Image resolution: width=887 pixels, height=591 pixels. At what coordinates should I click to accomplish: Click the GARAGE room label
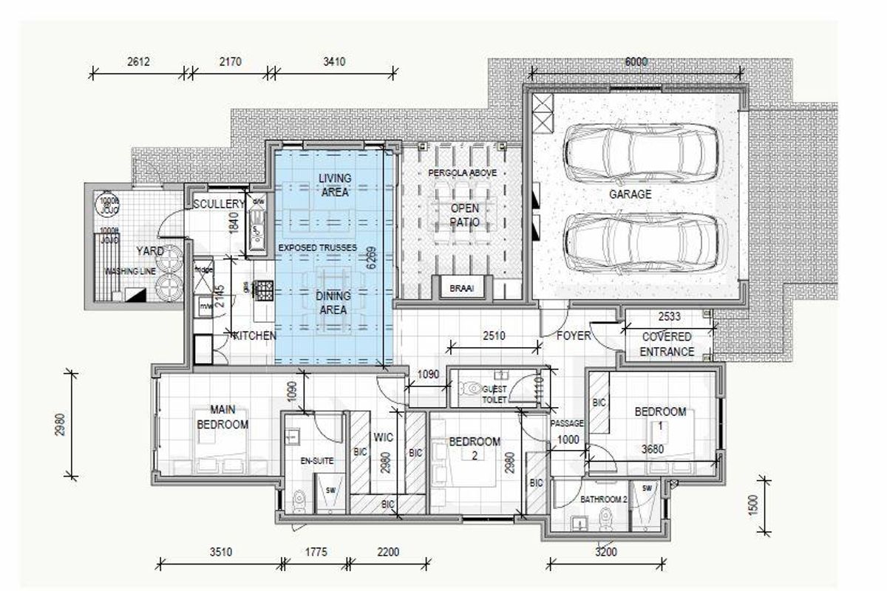click(630, 194)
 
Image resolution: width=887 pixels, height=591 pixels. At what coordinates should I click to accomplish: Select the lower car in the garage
click(640, 242)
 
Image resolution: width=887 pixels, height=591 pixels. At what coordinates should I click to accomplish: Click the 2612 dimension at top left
click(138, 62)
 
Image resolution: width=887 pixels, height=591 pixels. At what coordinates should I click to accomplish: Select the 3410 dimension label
click(333, 62)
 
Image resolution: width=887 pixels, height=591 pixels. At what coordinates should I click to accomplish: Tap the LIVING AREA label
click(334, 185)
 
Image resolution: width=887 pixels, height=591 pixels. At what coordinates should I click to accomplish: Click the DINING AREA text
click(333, 304)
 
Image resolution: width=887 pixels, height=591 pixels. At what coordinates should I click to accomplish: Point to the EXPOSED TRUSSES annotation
click(317, 246)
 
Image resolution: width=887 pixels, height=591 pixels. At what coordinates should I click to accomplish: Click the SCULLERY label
click(219, 204)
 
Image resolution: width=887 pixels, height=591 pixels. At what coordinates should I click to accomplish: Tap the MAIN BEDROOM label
click(222, 417)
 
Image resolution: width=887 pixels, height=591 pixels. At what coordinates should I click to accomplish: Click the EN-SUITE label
click(316, 460)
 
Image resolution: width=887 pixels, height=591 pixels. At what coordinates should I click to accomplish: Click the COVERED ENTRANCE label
click(667, 344)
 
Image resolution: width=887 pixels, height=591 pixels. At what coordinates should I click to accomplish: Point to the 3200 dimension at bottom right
click(606, 552)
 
